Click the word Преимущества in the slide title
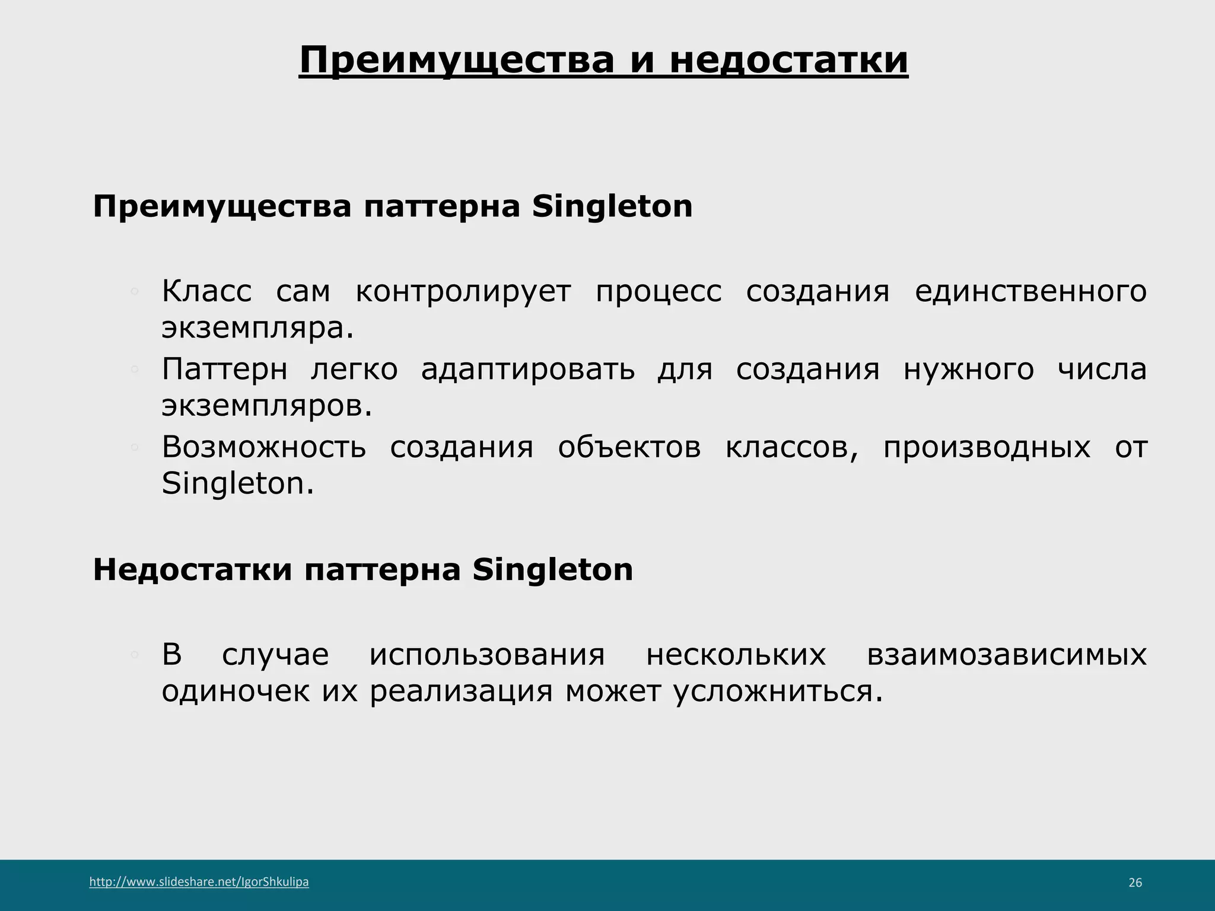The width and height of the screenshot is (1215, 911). tap(456, 60)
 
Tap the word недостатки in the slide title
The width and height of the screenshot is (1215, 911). tap(788, 60)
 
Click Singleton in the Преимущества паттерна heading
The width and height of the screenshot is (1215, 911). tap(612, 207)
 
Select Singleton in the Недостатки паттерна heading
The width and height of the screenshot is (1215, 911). tap(553, 570)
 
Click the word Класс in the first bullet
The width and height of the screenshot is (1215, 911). tap(206, 292)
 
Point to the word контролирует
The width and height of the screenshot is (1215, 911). tap(463, 292)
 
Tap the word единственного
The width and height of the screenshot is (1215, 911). tap(1030, 292)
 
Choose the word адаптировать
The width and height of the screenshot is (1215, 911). tap(528, 370)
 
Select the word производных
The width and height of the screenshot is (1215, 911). tap(987, 447)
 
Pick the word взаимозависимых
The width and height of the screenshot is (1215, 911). tap(1007, 655)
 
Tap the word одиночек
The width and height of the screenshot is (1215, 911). tap(236, 692)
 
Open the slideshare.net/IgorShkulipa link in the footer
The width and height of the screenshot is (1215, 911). tap(199, 882)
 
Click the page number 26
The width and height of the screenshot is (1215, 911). tap(1135, 883)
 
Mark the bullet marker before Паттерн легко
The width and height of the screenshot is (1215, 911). tap(135, 370)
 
